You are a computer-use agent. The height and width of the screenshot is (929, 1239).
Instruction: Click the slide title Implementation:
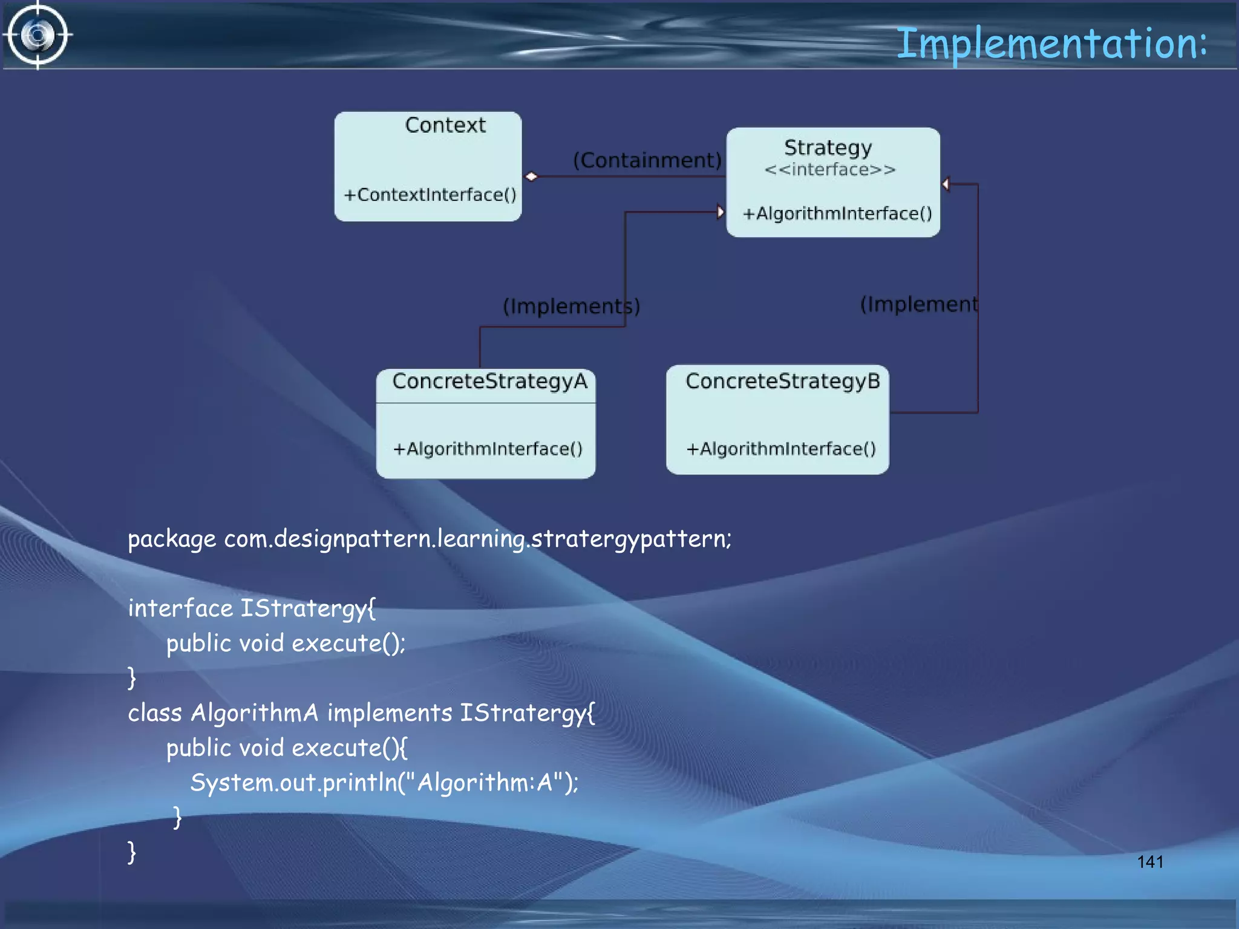1051,44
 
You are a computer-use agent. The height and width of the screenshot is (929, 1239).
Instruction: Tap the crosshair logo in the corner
38,35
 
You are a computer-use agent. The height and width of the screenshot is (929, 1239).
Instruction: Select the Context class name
445,125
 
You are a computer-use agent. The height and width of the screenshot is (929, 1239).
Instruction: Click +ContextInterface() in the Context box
430,195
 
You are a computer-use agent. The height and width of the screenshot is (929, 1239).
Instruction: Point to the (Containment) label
647,160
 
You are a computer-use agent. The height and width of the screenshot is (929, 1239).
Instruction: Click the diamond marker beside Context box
531,177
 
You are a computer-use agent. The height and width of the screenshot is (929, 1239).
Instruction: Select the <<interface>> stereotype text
829,169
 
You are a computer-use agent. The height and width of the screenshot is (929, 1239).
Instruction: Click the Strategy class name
828,148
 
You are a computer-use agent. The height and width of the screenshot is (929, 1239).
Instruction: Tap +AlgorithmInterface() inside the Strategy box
837,214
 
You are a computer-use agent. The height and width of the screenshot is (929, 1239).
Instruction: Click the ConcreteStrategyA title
489,381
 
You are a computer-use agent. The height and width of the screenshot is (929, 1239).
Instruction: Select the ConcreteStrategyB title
782,381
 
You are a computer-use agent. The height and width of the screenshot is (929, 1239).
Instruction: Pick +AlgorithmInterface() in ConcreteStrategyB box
780,449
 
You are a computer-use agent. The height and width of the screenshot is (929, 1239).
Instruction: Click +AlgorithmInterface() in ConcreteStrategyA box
488,449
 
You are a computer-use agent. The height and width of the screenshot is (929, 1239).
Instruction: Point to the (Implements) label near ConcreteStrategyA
570,306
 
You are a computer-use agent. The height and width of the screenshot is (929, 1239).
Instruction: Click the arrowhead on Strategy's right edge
946,184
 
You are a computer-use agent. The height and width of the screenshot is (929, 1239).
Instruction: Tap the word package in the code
171,539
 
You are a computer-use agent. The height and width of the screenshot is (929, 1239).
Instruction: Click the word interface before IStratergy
180,608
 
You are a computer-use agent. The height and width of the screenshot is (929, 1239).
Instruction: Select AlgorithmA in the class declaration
254,713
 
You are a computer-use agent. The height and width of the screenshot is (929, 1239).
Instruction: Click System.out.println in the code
293,783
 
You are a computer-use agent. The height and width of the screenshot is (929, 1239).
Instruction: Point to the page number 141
1149,862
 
